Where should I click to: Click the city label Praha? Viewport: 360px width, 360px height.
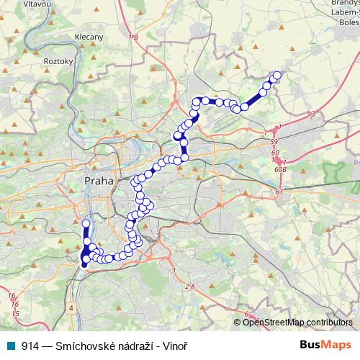pos(99,181)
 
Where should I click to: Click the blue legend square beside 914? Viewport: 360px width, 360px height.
pos(12,346)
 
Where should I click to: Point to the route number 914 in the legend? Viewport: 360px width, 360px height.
pos(31,346)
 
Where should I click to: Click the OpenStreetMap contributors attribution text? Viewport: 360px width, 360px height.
pos(297,322)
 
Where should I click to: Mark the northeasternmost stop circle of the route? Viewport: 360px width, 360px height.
pos(277,76)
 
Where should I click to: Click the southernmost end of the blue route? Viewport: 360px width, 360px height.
pos(84,265)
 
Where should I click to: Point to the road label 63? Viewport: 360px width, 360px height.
pos(279,192)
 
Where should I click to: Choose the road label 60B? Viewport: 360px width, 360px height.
pos(281,169)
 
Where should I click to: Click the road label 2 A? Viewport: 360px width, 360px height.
pos(190,287)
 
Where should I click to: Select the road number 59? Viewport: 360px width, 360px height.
pos(274,144)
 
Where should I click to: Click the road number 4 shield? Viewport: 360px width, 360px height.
pos(71,307)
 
